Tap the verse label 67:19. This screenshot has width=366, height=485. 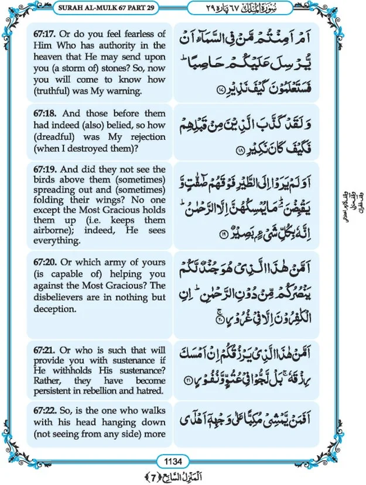tap(52, 170)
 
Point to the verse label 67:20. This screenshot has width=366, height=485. tap(52, 263)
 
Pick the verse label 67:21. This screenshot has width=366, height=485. tap(52, 349)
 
